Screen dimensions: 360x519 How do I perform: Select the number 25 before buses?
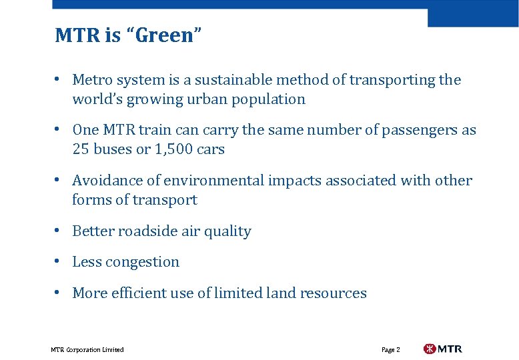click(x=81, y=149)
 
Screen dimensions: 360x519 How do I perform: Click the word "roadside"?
click(x=145, y=231)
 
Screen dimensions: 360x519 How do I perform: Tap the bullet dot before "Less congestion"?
click(x=59, y=261)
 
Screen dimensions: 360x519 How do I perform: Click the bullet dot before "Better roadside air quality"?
click(x=59, y=230)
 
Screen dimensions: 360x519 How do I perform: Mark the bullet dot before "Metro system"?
click(x=59, y=79)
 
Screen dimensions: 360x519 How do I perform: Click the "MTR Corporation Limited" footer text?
click(x=87, y=349)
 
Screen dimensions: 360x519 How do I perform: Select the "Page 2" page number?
click(x=390, y=349)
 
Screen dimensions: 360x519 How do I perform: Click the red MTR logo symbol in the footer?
click(x=430, y=349)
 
